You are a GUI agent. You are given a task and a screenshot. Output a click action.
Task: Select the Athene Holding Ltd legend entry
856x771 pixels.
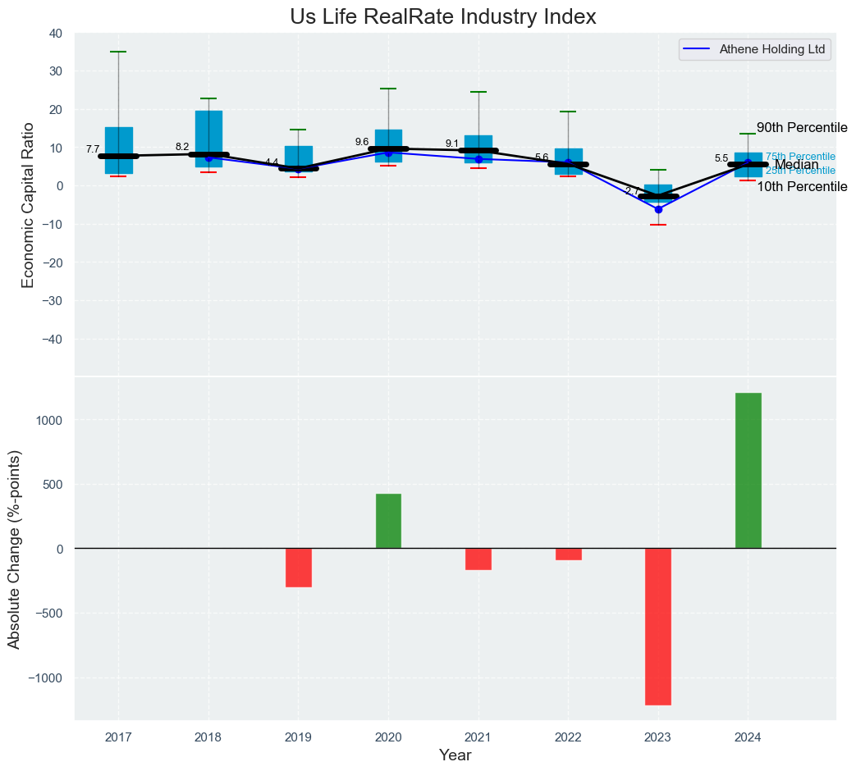(x=771, y=49)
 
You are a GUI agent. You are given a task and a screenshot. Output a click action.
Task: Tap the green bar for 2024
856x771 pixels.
(x=748, y=470)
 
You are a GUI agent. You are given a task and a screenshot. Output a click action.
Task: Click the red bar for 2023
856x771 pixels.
(x=658, y=626)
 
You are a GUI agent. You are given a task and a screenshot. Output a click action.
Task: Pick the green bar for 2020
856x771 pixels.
(x=388, y=521)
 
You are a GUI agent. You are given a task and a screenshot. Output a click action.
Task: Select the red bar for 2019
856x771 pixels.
(x=298, y=568)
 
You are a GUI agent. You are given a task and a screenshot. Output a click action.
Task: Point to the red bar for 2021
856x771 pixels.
(x=478, y=559)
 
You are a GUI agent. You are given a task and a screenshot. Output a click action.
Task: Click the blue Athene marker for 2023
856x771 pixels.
(x=658, y=209)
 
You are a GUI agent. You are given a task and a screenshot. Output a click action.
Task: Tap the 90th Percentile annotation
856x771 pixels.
(x=801, y=128)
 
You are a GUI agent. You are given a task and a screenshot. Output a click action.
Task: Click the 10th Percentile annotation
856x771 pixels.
(x=801, y=187)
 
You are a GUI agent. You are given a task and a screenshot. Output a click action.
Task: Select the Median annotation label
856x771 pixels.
(x=796, y=165)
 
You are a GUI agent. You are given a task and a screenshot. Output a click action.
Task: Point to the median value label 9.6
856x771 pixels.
(x=362, y=142)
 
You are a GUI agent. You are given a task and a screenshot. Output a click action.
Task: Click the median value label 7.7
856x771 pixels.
(x=93, y=149)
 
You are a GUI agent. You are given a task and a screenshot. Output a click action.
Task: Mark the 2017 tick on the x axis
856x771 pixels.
(x=118, y=737)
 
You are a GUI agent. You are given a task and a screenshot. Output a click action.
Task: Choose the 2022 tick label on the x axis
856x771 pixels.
(x=568, y=737)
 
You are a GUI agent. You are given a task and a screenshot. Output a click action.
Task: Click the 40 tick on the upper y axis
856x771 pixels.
(x=56, y=34)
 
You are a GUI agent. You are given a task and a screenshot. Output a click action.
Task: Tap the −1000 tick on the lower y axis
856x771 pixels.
(x=44, y=678)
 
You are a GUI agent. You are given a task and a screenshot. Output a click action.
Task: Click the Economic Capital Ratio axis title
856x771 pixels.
(x=29, y=205)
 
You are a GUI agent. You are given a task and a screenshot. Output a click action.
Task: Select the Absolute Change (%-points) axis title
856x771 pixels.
(x=14, y=548)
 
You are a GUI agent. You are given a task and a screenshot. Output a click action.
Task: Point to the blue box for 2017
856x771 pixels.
(x=119, y=150)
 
